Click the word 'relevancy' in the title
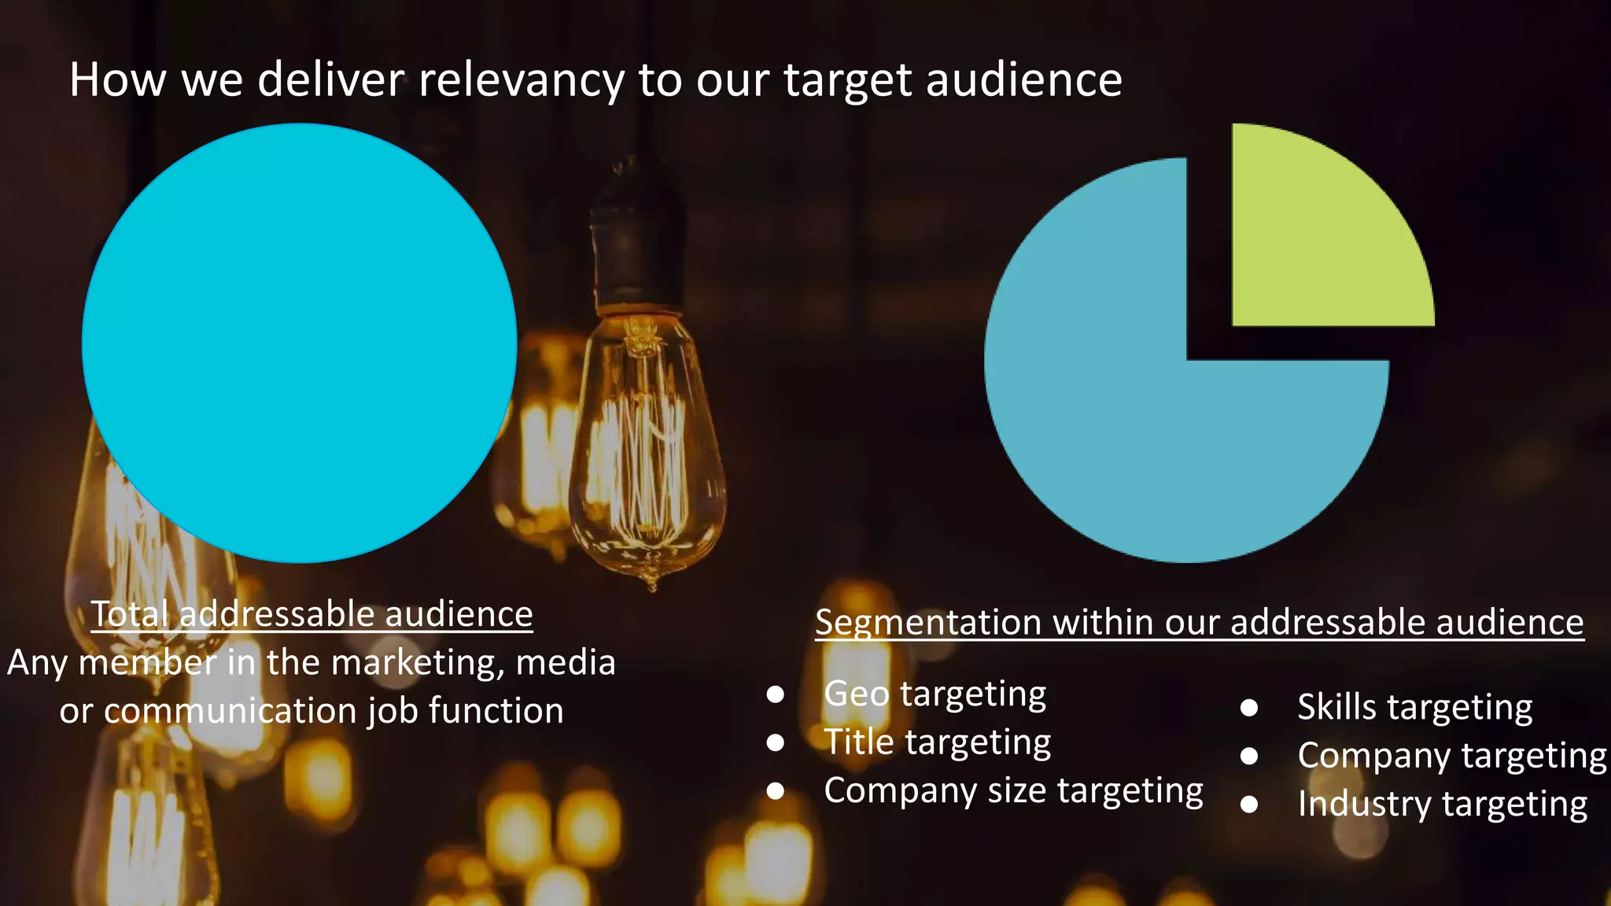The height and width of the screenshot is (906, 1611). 521,81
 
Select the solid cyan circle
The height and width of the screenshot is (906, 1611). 299,343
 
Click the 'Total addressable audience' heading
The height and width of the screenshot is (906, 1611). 312,614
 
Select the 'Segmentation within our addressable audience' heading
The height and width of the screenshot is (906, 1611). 1199,622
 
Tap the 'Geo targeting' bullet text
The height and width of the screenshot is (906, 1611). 935,694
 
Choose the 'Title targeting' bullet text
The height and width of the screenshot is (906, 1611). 937,742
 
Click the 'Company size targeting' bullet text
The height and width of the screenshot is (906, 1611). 1013,790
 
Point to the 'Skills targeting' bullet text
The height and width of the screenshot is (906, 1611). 1414,707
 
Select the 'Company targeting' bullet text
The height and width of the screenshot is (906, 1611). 1451,756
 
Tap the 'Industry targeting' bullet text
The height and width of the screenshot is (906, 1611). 1442,804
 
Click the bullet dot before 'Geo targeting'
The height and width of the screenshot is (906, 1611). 776,694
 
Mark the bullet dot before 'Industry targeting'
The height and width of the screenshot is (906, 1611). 1249,804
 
